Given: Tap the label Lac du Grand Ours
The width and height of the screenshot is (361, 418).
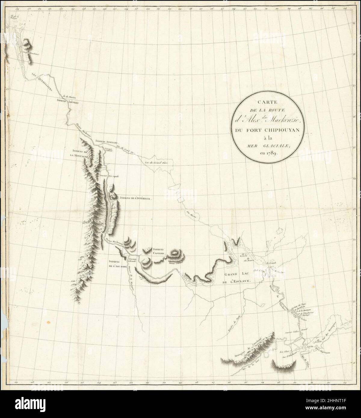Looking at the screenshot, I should (x=155, y=162).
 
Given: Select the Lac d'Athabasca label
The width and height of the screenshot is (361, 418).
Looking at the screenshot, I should (x=290, y=357).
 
